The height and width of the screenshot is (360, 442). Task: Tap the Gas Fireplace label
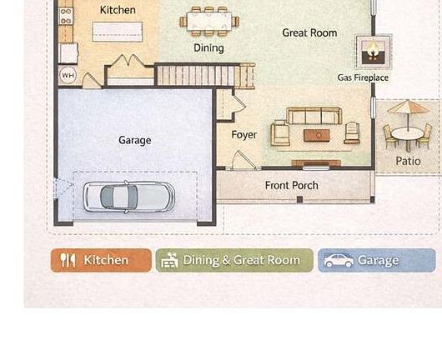tap(363, 77)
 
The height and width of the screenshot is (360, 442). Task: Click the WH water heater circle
tap(68, 75)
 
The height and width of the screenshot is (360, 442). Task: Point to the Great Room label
tap(309, 32)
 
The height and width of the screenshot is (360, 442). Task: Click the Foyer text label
tap(244, 134)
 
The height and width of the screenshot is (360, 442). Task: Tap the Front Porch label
tap(291, 185)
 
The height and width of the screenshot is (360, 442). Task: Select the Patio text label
tap(408, 161)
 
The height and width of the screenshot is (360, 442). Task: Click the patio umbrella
tap(408, 109)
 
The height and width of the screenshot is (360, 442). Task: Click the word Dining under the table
tap(208, 47)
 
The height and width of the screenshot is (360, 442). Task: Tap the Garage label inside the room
tap(134, 140)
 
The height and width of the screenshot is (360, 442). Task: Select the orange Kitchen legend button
tap(101, 260)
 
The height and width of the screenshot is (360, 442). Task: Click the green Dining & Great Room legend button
tap(234, 260)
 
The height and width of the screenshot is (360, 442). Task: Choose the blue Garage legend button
tap(377, 260)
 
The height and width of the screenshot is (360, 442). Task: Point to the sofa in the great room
tap(316, 116)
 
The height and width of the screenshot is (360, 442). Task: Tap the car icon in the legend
tap(339, 261)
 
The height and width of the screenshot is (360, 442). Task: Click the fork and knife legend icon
tap(68, 260)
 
